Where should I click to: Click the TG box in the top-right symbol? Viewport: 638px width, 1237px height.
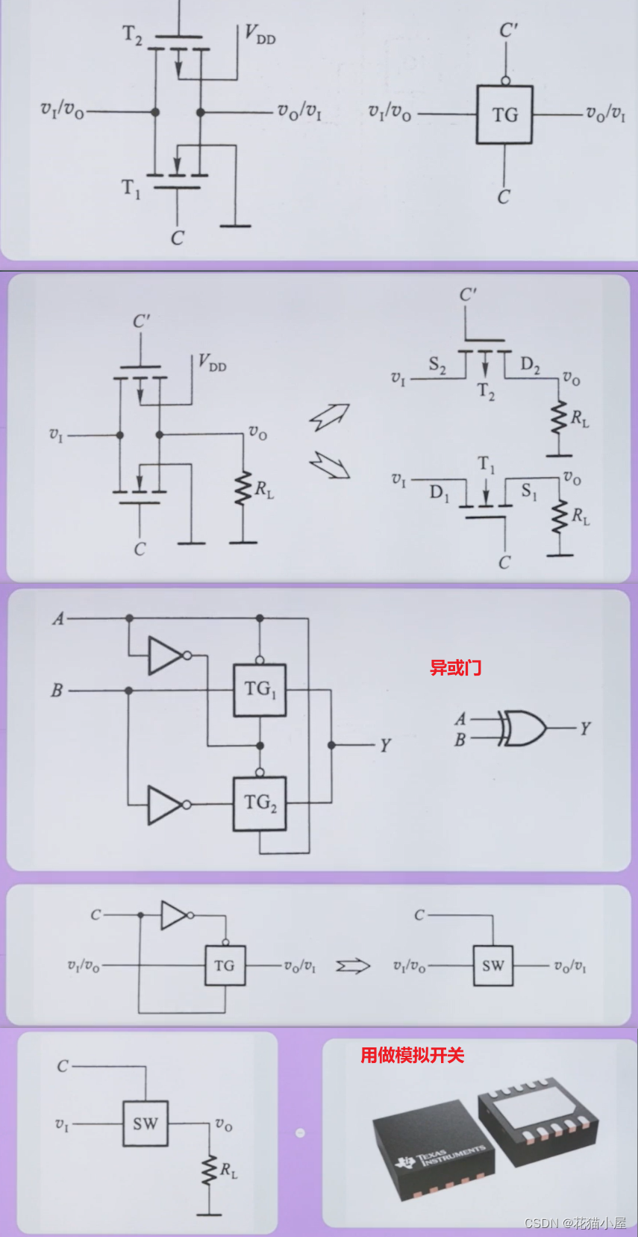(x=504, y=114)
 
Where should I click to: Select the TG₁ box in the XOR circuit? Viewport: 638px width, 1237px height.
(x=260, y=690)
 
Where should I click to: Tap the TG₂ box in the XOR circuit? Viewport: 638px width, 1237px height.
(x=260, y=803)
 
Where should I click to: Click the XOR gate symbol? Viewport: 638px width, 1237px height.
(x=523, y=728)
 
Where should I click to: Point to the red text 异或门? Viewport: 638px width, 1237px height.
(x=455, y=667)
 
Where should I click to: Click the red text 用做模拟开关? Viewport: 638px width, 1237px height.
(x=412, y=1055)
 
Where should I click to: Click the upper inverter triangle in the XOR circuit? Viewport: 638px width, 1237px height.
(x=166, y=655)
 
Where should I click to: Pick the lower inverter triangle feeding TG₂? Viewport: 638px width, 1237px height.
(x=166, y=805)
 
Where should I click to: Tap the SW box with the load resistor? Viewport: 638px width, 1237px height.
(x=146, y=1124)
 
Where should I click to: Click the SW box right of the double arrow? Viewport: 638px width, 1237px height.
(x=492, y=966)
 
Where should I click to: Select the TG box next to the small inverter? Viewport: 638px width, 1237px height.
(x=225, y=966)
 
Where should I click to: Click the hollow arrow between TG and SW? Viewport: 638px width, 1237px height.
(x=353, y=966)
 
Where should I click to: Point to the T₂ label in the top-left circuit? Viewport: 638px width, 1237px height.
(x=132, y=34)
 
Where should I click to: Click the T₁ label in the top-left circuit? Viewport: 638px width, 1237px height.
(x=131, y=188)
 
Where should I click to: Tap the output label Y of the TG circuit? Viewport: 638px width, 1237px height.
(x=385, y=746)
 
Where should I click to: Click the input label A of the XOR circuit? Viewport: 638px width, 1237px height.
(x=58, y=619)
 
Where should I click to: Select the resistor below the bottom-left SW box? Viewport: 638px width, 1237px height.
(x=209, y=1171)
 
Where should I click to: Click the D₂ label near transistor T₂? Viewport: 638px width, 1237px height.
(x=530, y=364)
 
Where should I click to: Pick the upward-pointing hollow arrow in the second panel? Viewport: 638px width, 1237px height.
(x=330, y=417)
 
